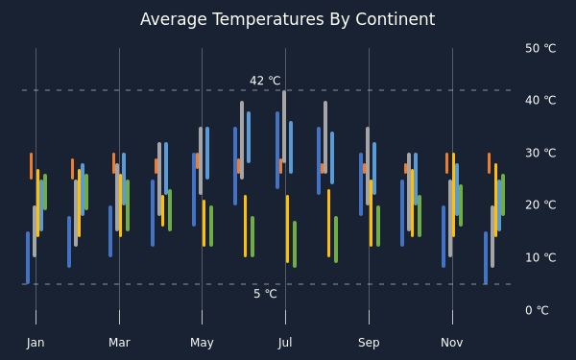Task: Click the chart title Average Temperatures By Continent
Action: click(288, 19)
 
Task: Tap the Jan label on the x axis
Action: click(36, 343)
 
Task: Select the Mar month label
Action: click(119, 343)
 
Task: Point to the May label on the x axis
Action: click(202, 343)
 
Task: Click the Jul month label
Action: click(285, 343)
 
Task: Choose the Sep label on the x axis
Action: click(369, 343)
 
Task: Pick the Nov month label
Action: click(452, 343)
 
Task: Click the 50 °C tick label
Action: click(540, 48)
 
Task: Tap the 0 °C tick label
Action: click(537, 310)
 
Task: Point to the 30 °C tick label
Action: click(540, 153)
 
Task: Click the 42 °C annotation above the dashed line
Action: click(265, 81)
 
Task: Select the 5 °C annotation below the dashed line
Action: click(265, 294)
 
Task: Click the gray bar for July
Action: click(284, 127)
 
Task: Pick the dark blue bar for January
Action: click(28, 258)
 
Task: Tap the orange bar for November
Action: click(447, 163)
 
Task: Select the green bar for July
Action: click(295, 244)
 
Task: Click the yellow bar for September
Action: click(371, 213)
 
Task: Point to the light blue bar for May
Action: click(207, 154)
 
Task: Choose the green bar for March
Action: click(128, 205)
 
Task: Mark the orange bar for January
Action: click(32, 166)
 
